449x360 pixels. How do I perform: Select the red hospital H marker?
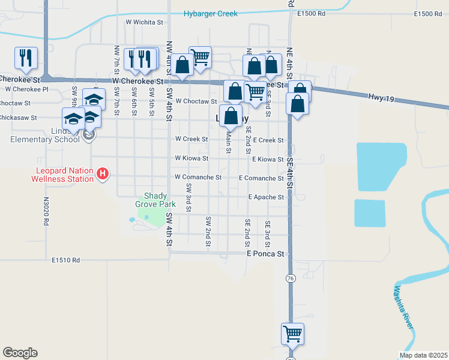click(x=103, y=175)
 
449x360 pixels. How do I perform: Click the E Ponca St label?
click(x=265, y=254)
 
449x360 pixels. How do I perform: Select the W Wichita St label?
click(x=144, y=22)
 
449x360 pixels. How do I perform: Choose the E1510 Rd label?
click(x=65, y=260)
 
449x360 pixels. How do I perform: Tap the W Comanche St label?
click(x=197, y=178)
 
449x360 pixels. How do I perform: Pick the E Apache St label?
click(x=266, y=197)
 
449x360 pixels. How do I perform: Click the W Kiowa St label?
click(x=191, y=158)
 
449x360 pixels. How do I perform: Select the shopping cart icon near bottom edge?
click(x=292, y=333)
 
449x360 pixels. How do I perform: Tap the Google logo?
click(x=20, y=353)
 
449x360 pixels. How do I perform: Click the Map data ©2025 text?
click(x=423, y=355)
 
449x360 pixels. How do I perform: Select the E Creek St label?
click(x=268, y=140)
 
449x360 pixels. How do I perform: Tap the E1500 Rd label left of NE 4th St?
click(x=311, y=13)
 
